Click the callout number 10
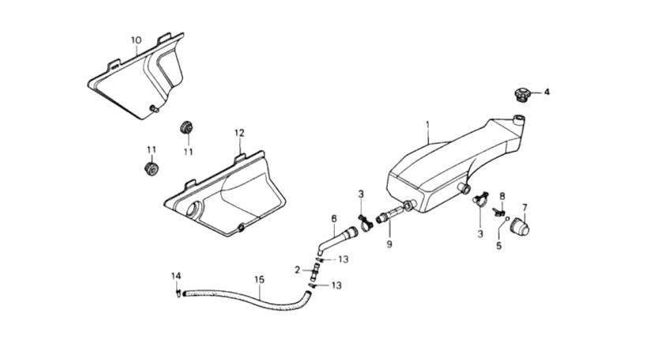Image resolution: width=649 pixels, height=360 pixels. coord(136,40)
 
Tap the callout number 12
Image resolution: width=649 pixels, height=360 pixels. coord(240,133)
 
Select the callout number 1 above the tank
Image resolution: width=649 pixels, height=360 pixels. coord(428,123)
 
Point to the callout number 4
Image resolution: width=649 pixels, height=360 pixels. coord(547,92)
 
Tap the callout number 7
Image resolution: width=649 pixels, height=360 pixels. coord(524,207)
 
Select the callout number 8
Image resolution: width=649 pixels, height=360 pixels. coord(502,196)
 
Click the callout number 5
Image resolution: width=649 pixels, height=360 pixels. coord(499,246)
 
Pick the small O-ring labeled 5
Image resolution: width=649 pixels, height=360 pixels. coord(508,219)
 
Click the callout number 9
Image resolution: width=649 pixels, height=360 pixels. coord(389,244)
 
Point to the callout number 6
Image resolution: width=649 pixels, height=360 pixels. coord(334,218)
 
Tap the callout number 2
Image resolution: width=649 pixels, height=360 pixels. coord(297,270)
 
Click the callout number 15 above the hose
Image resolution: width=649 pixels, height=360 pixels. coord(259,279)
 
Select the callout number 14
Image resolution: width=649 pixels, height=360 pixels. coord(176,276)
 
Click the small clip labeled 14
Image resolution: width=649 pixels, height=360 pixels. coord(178,294)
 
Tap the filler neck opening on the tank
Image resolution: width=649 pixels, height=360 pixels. coord(519,119)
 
